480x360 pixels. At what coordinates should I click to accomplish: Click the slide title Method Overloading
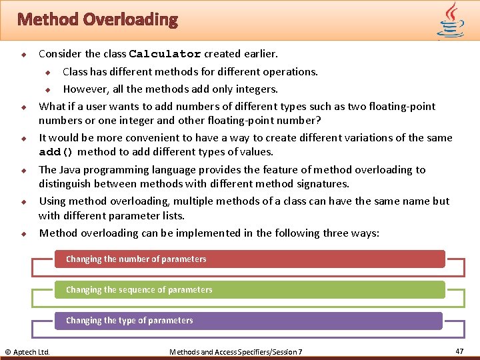click(x=98, y=19)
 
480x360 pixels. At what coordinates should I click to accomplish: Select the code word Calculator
click(x=165, y=54)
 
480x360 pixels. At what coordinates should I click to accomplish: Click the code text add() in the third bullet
click(x=56, y=152)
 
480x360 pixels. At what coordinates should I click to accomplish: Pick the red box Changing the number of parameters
click(x=249, y=259)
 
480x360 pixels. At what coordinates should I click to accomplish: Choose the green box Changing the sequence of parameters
click(x=249, y=289)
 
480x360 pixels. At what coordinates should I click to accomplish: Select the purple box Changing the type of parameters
click(x=248, y=321)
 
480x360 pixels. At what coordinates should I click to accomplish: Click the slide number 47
click(x=459, y=351)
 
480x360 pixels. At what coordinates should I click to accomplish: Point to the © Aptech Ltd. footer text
click(x=27, y=351)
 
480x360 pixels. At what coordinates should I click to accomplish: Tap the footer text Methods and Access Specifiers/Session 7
click(x=236, y=351)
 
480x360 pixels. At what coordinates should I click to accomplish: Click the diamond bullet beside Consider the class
click(x=23, y=54)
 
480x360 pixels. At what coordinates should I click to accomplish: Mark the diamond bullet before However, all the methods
click(x=47, y=89)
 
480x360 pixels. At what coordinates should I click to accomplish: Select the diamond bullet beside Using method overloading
click(x=23, y=201)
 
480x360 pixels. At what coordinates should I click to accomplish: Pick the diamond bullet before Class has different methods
click(x=47, y=72)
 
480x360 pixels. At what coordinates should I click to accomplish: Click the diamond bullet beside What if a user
click(x=23, y=107)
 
